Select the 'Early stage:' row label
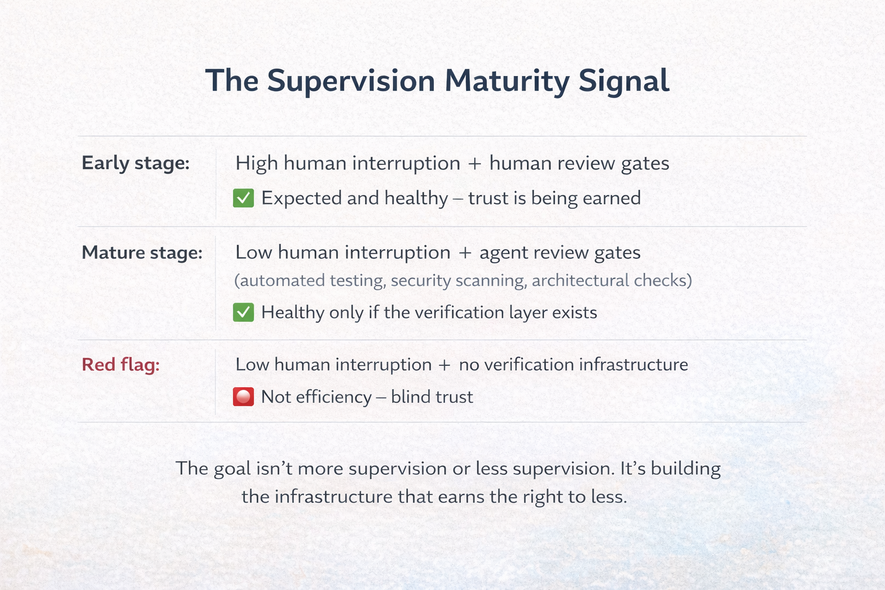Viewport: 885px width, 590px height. pos(135,163)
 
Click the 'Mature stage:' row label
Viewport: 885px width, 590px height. pos(142,252)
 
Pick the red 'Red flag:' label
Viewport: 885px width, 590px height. pos(120,365)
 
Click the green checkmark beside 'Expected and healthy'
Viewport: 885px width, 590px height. pos(244,198)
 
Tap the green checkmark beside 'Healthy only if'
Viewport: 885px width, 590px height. pos(244,312)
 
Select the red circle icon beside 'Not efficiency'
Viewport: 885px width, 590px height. pos(244,397)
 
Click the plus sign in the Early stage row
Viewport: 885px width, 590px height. pos(475,164)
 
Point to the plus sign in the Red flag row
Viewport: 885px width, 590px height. pos(444,365)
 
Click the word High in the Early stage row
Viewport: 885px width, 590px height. pos(256,164)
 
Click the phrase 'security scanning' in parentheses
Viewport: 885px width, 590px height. pos(458,281)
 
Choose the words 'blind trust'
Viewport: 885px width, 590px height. pos(432,397)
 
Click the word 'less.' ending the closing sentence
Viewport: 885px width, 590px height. pos(608,497)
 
